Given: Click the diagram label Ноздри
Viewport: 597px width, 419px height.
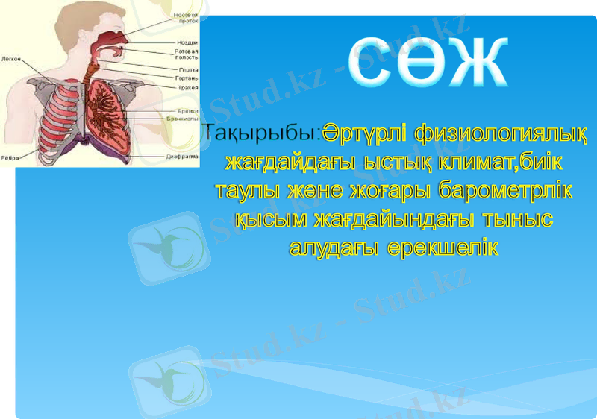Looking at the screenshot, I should click(187, 42).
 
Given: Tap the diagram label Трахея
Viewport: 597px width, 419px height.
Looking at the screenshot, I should click(187, 87).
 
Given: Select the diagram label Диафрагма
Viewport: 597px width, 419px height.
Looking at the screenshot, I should click(184, 157).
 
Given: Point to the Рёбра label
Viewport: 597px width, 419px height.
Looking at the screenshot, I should click(10, 157).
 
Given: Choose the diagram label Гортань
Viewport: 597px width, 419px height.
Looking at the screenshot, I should click(187, 78).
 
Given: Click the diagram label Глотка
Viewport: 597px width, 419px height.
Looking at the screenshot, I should click(187, 69).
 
